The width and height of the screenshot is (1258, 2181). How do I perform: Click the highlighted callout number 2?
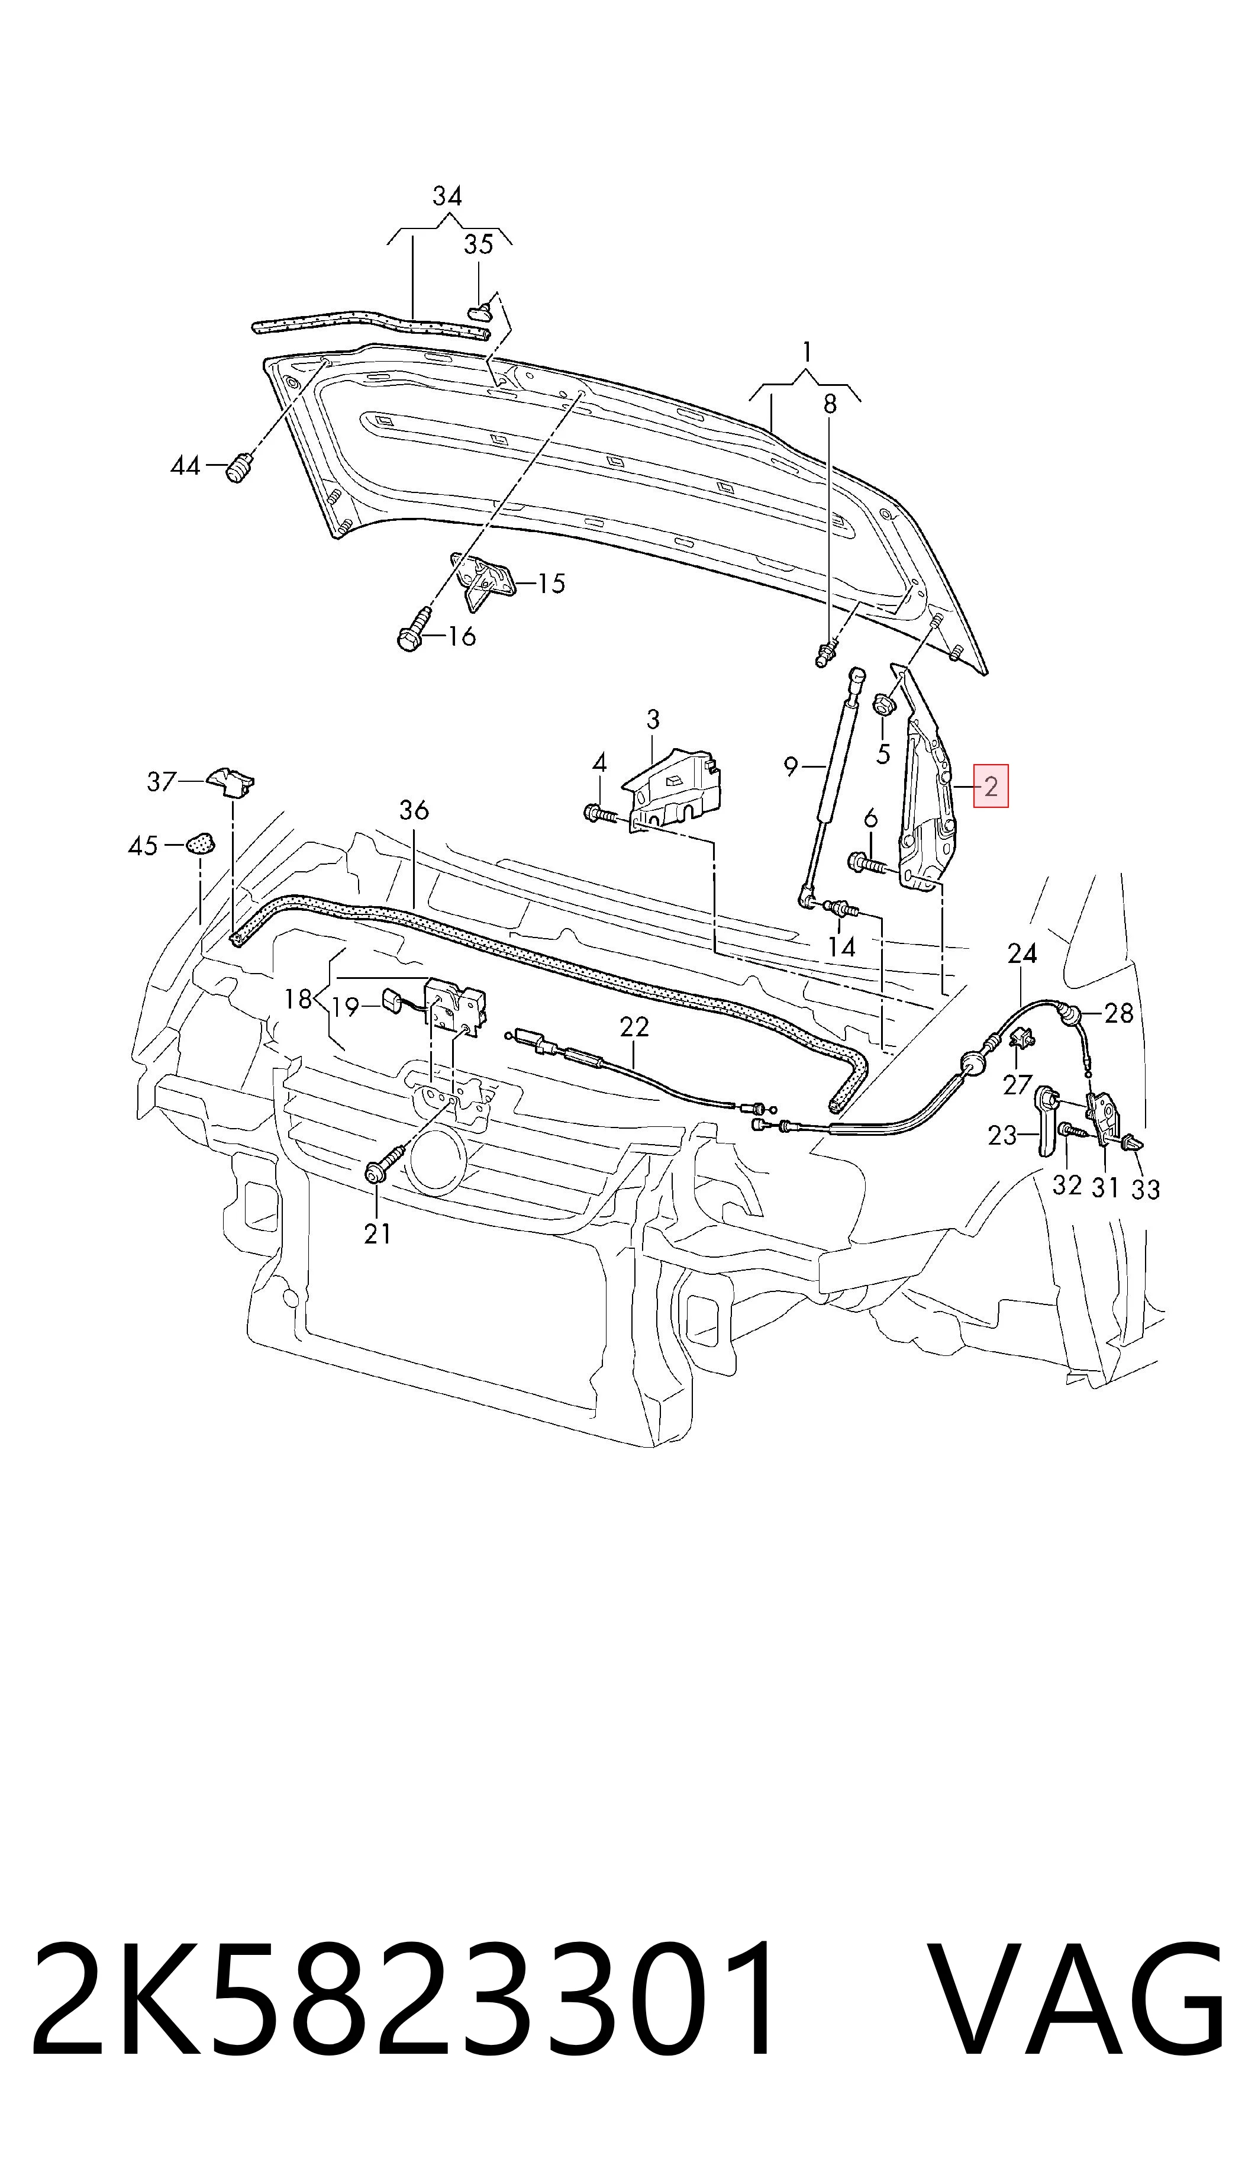coord(991,787)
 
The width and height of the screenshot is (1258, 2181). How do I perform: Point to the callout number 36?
coord(414,810)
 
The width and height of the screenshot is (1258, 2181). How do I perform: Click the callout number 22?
coord(634,1026)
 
